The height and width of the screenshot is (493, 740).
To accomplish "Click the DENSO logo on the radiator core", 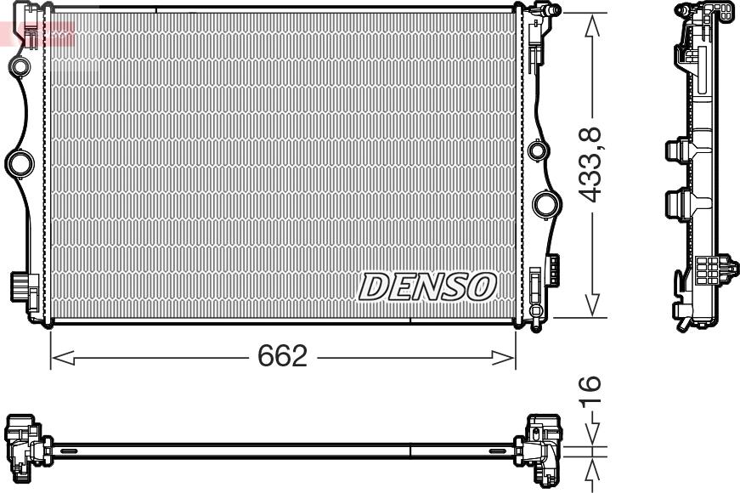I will pos(427,287).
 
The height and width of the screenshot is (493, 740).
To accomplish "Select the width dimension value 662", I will pos(282,357).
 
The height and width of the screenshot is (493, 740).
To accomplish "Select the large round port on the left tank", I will pos(19,161).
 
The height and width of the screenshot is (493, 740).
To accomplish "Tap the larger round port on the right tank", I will pos(545,204).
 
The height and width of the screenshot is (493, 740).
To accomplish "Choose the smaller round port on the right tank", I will pos(537,151).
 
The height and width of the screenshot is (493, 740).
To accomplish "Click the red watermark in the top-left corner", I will pos(38,32).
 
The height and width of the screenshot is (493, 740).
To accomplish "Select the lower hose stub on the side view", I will pos(675,204).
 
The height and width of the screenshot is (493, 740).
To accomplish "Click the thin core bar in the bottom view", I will pos(280,447).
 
